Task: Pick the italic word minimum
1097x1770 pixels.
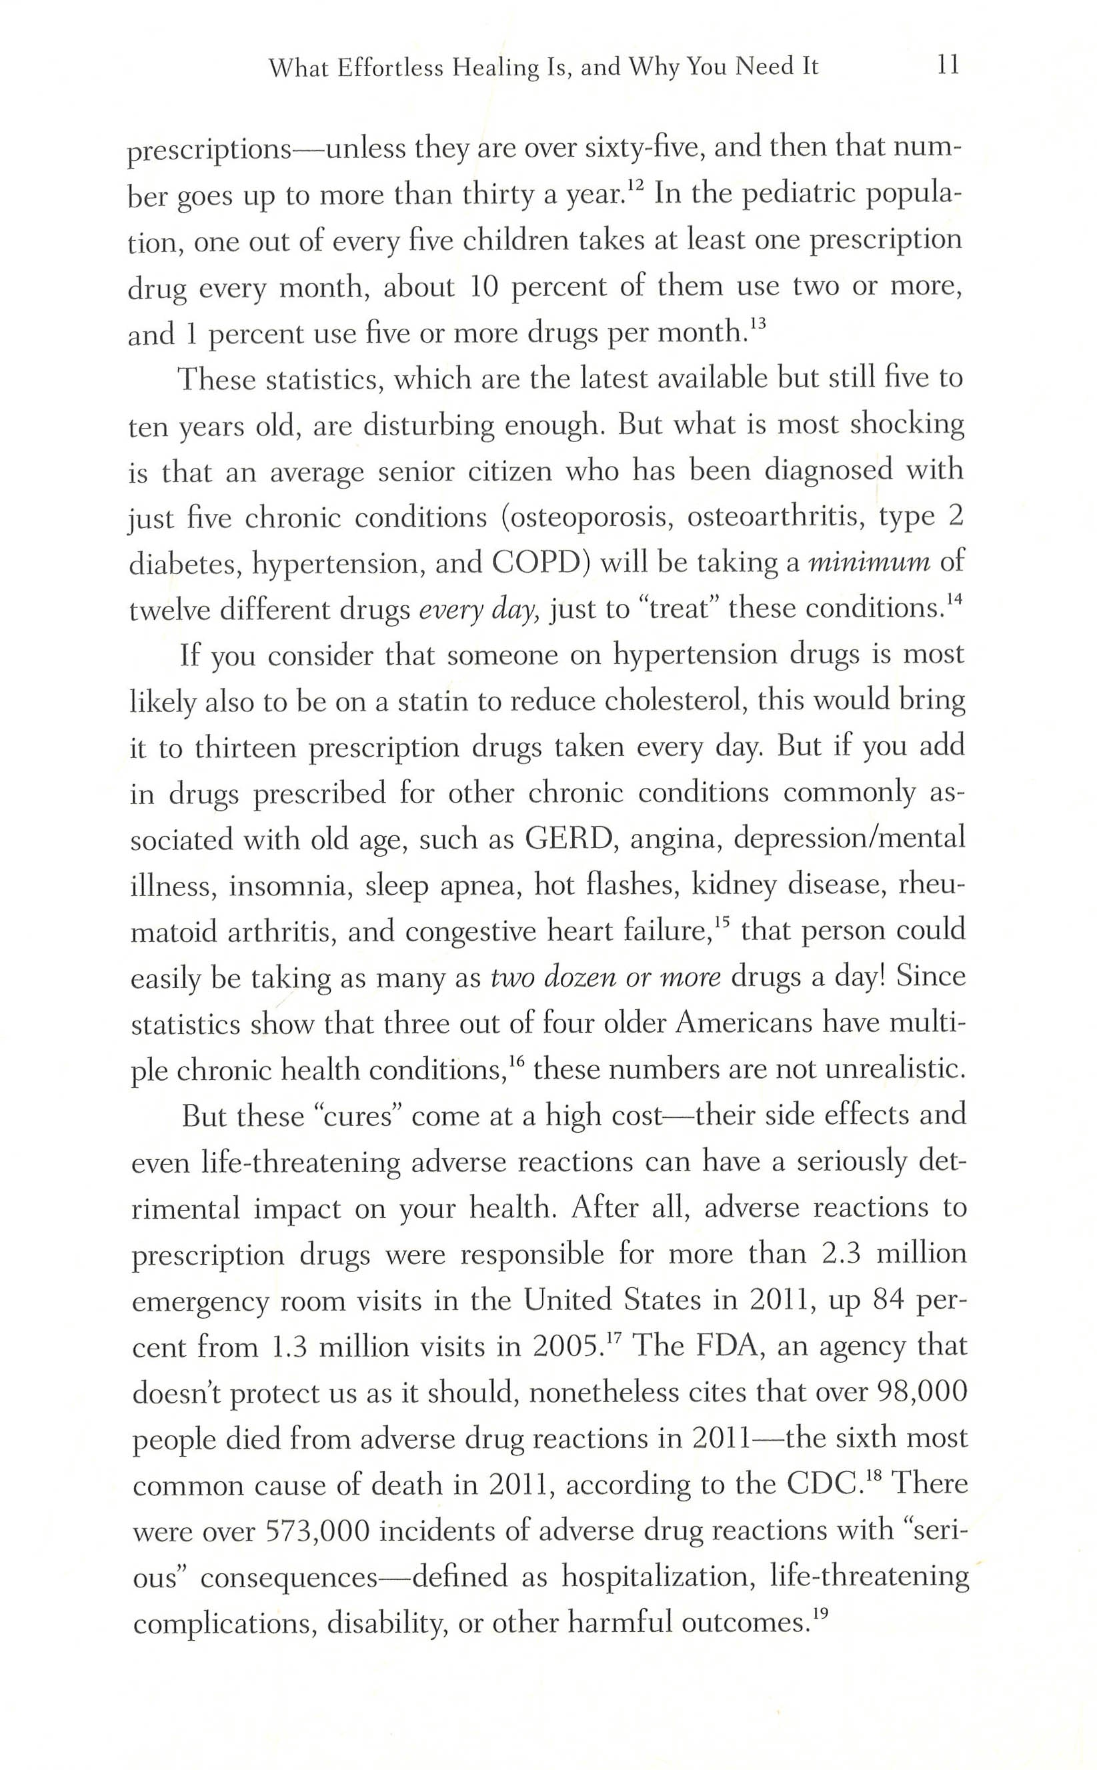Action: [x=869, y=563]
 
